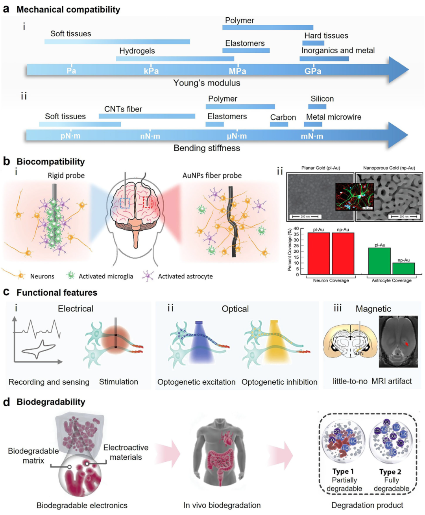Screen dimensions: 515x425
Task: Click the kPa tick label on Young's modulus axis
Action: (x=151, y=71)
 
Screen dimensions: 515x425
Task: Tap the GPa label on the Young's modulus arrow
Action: (x=313, y=71)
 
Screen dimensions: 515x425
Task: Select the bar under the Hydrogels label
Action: (x=175, y=59)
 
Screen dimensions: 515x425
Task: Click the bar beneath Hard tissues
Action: (x=313, y=43)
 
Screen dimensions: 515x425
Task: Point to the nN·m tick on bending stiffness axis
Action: (x=150, y=136)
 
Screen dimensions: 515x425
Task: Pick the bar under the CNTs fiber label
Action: (x=147, y=116)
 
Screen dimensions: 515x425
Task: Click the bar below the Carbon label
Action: (x=279, y=124)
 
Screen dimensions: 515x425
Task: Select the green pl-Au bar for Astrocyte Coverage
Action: (x=379, y=261)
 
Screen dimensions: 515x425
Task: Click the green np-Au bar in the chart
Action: (x=403, y=269)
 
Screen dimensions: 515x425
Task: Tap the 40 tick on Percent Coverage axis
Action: (x=296, y=229)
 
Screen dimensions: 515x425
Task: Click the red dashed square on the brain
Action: (x=148, y=202)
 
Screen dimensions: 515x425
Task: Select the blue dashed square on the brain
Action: (x=125, y=203)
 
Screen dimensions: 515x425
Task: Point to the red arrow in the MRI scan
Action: (x=407, y=344)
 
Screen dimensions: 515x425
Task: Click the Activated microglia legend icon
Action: (x=71, y=275)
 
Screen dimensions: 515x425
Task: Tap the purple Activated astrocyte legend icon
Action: (x=148, y=276)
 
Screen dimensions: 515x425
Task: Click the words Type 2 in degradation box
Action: (x=390, y=472)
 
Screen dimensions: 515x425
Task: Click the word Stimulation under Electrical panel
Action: (x=118, y=382)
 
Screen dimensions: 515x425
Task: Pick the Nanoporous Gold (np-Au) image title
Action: (x=389, y=168)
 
